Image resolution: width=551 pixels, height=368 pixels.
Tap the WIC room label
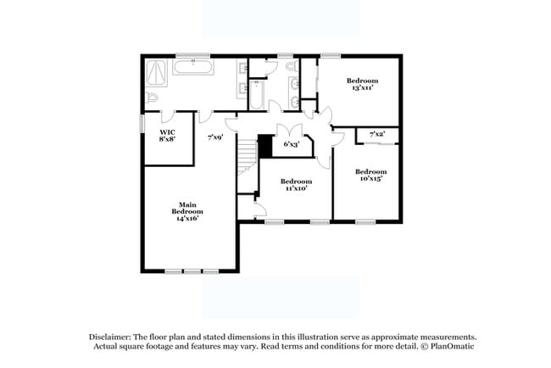point(167,133)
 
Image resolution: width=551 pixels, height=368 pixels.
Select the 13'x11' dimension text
point(361,87)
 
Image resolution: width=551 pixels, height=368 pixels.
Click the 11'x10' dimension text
point(296,188)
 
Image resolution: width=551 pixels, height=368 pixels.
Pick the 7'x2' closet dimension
point(377,134)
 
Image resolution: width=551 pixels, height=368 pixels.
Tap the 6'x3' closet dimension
point(291,144)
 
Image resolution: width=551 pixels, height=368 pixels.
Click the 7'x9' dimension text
point(215,137)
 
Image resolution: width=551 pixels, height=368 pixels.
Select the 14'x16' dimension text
point(186,218)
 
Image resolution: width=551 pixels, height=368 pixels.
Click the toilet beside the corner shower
point(153,100)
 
